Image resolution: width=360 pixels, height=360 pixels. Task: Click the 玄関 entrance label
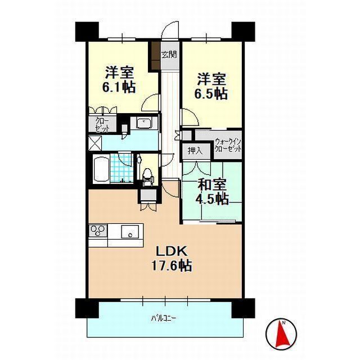168,55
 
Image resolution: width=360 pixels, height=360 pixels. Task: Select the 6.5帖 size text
211,93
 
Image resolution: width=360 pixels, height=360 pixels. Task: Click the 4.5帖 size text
212,199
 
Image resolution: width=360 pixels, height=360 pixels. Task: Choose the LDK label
167,249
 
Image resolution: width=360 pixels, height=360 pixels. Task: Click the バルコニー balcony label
164,318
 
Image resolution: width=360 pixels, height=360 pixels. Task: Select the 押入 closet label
196,151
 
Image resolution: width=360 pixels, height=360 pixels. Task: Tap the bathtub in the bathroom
101,169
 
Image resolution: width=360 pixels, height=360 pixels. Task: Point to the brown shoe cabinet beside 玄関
155,55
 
